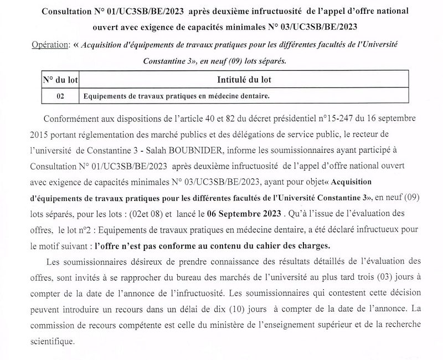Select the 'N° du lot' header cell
tap(60, 80)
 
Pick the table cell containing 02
tap(60, 96)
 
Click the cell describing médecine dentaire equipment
tap(176, 96)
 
